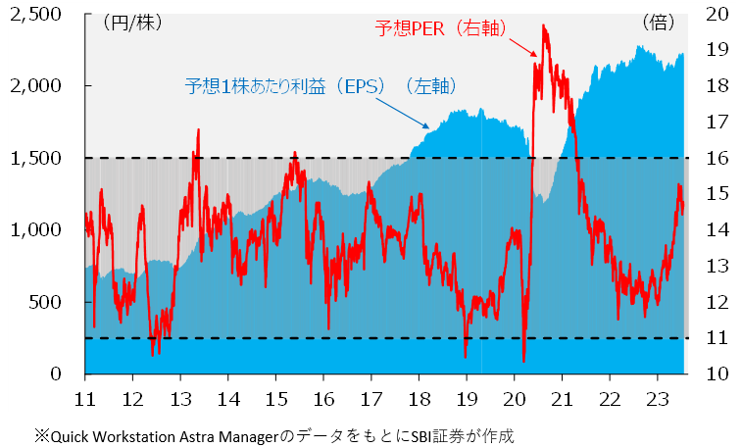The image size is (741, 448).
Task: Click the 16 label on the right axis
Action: pyautogui.click(x=716, y=158)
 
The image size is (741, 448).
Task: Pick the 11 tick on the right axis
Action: pyautogui.click(x=716, y=337)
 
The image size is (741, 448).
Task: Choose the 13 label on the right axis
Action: pyautogui.click(x=716, y=266)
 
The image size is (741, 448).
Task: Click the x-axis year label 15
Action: pyautogui.click(x=275, y=400)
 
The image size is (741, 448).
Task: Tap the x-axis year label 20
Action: pyautogui.click(x=515, y=400)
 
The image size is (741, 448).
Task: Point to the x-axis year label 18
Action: pyautogui.click(x=419, y=400)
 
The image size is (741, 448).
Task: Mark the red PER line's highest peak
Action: pyautogui.click(x=543, y=26)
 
